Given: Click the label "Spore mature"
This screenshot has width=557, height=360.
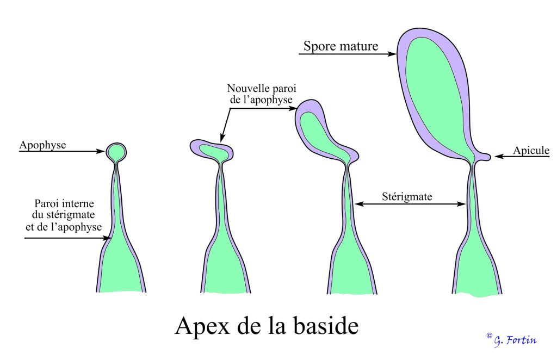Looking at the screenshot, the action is [341, 46].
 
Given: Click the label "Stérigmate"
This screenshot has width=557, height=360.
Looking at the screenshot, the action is [407, 196].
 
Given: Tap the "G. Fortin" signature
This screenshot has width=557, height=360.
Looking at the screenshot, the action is [514, 340].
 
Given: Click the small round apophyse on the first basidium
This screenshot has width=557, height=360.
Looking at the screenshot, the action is [116, 152].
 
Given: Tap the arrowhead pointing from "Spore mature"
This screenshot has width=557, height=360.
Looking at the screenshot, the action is [392, 54].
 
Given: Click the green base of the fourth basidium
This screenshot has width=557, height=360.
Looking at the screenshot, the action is [478, 272].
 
